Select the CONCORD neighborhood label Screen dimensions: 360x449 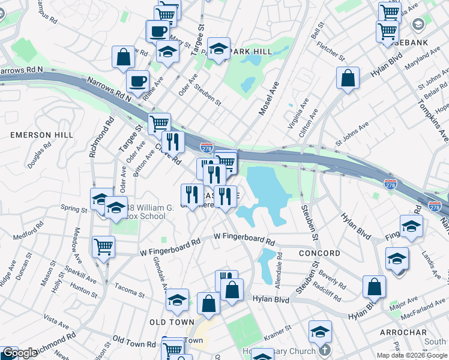320,253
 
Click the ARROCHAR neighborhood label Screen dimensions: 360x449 403,332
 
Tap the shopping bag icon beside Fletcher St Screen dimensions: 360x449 348,77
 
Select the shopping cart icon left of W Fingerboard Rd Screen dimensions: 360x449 104,246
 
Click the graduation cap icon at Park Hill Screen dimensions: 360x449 218,49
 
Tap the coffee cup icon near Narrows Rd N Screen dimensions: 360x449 137,82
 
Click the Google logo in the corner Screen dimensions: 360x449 20,353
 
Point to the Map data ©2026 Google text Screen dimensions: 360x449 411,355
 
